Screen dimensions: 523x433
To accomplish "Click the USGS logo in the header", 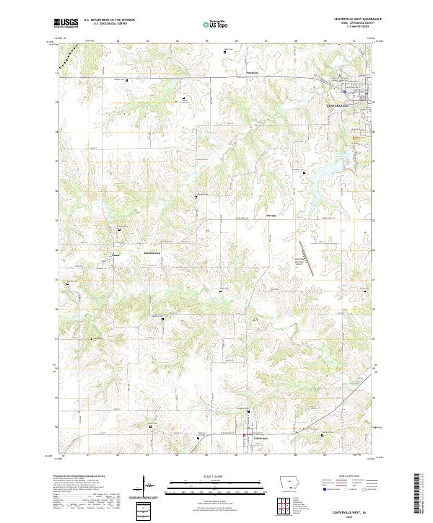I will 66,23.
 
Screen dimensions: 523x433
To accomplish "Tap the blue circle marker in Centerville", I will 346,92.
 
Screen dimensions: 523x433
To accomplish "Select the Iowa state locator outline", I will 289,483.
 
